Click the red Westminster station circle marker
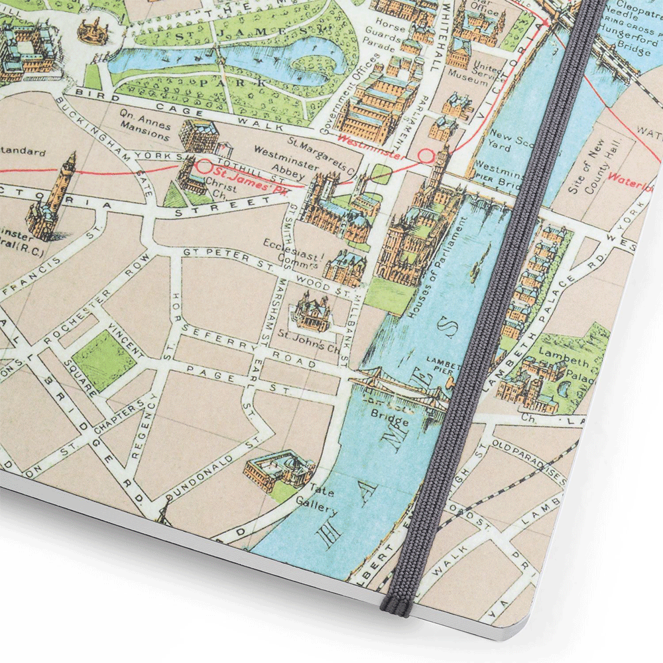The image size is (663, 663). (425, 156)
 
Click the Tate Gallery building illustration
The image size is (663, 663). (278, 469)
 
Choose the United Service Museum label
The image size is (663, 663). (490, 74)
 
